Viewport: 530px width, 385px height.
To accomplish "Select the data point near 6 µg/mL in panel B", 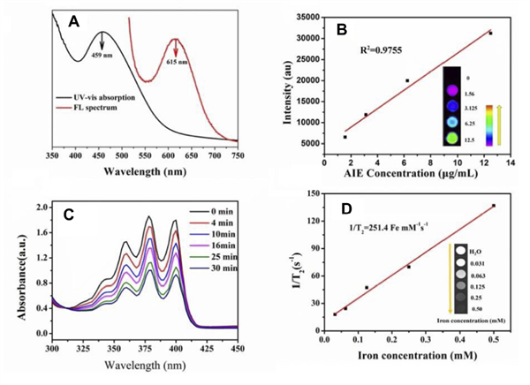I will (407, 80).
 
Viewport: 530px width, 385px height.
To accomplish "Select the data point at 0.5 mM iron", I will (494, 206).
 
